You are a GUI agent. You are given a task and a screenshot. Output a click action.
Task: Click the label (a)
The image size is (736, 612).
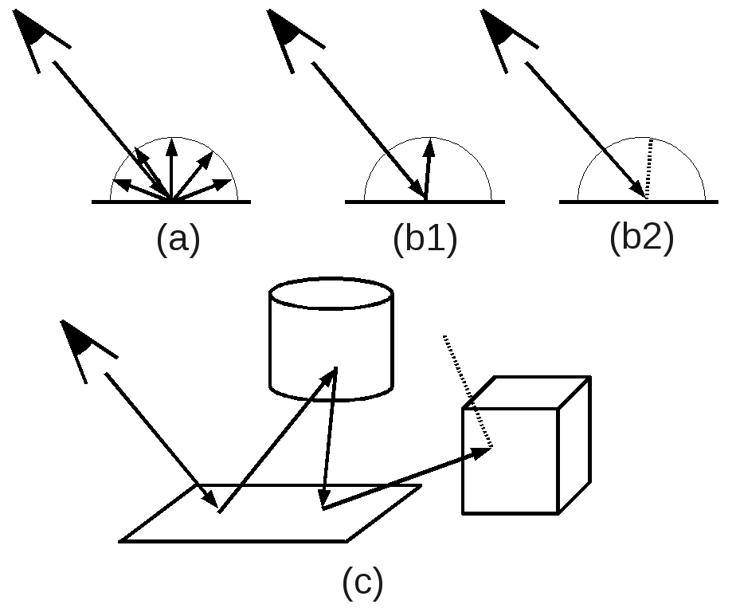coord(178,238)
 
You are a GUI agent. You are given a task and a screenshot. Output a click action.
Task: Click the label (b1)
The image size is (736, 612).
coord(425,238)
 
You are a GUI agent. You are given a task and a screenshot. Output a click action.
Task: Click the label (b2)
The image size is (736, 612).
coord(641,237)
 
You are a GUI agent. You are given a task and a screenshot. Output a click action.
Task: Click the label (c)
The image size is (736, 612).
coord(362,582)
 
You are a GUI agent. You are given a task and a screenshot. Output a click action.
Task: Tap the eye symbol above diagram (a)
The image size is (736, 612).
coord(36,32)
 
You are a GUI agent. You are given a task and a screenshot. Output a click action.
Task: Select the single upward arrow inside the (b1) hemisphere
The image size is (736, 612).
coord(429,167)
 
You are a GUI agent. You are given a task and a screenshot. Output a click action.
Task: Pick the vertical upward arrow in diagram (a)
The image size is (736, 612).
coord(171,167)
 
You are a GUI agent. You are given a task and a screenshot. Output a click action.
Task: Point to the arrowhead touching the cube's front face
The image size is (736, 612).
coord(482,453)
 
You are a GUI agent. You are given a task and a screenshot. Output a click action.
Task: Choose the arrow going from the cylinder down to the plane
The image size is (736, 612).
coord(329,438)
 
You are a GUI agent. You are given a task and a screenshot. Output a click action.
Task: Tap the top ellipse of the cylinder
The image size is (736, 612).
coord(331,292)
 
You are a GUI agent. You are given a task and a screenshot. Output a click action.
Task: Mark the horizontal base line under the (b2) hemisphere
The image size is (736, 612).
coord(605,202)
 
